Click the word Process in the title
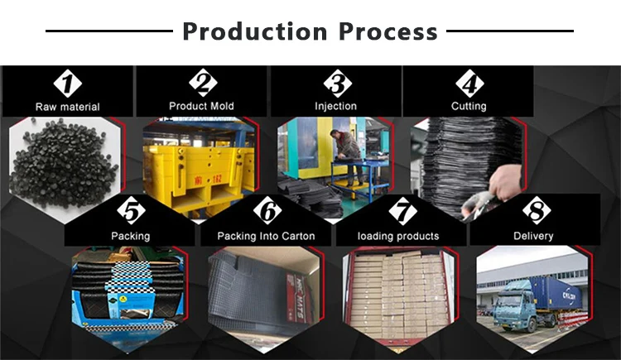(388, 31)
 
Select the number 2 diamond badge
(202, 83)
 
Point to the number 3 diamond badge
(335, 83)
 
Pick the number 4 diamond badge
(469, 83)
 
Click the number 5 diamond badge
(131, 212)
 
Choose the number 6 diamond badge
(267, 212)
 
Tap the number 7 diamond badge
(402, 212)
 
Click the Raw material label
(67, 107)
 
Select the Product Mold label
(201, 106)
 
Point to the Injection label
(335, 106)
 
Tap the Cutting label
(469, 106)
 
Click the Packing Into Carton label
(266, 236)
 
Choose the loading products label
(398, 236)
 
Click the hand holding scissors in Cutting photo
(507, 186)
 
